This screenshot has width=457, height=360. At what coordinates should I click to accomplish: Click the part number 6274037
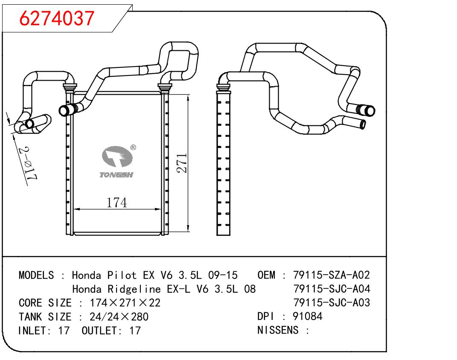click(57, 18)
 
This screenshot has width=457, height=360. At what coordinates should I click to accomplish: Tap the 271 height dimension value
click(182, 163)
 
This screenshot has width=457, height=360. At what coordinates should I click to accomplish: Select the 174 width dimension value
click(116, 203)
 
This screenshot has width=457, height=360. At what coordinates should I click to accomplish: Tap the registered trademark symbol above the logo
click(133, 148)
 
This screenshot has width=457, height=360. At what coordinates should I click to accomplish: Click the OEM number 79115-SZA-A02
click(332, 275)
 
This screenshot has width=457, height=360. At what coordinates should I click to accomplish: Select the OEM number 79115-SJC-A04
click(332, 289)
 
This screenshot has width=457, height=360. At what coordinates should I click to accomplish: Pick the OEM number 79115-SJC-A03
click(332, 303)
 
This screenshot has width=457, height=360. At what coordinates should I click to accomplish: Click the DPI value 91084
click(307, 316)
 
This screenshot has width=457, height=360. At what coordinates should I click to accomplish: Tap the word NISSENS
click(278, 330)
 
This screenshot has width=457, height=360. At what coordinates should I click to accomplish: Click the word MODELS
click(36, 275)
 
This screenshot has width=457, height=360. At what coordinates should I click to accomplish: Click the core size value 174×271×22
click(125, 303)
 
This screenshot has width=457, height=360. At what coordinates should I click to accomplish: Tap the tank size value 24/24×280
click(119, 316)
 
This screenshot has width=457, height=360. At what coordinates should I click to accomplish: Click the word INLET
click(33, 330)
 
